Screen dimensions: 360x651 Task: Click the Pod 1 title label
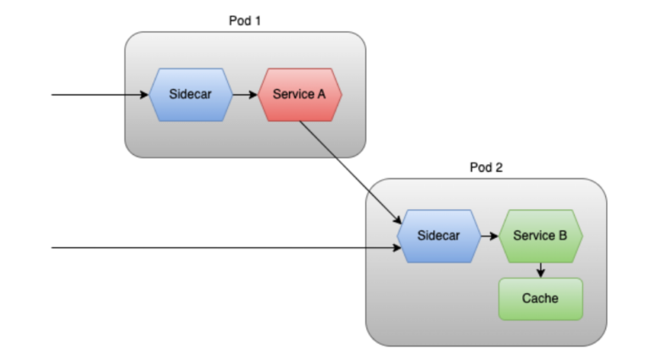[x=245, y=20]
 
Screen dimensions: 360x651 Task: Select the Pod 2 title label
[x=486, y=167]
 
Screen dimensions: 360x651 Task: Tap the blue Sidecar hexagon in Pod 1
[x=191, y=94]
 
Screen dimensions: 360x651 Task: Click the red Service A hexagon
[x=299, y=94]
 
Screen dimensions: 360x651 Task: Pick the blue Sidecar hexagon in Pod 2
[x=438, y=235]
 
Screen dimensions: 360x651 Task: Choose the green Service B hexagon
[x=541, y=235]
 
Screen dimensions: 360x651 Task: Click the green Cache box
[x=540, y=299]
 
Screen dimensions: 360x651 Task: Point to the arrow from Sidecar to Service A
[x=245, y=94]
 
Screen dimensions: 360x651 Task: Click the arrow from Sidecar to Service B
[x=487, y=235]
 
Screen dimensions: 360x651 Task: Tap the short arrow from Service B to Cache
[x=540, y=269]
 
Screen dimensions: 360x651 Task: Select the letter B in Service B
[x=563, y=235]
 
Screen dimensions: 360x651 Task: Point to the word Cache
[x=540, y=299]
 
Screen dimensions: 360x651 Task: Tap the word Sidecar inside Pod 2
[x=438, y=235]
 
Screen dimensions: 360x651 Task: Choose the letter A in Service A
[x=321, y=94]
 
